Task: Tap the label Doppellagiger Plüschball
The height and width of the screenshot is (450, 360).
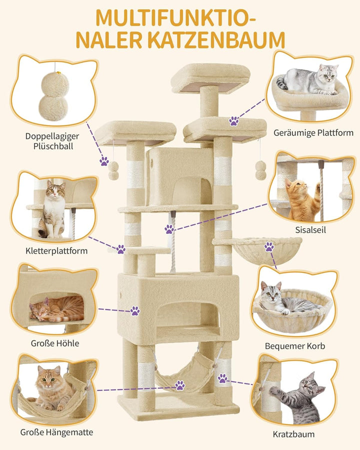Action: pyautogui.click(x=52, y=141)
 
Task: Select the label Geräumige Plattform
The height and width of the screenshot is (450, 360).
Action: pyautogui.click(x=313, y=133)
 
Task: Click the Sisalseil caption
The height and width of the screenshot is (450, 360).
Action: pyautogui.click(x=310, y=230)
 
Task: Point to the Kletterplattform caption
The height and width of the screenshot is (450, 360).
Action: pyautogui.click(x=56, y=251)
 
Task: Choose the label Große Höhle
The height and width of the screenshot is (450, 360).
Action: pyautogui.click(x=55, y=343)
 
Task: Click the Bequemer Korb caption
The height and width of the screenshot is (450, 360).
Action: pyautogui.click(x=295, y=346)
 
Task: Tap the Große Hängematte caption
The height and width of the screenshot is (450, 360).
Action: pyautogui.click(x=56, y=432)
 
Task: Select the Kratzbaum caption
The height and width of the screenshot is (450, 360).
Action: pyautogui.click(x=293, y=434)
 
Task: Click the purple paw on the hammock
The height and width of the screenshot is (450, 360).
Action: pyautogui.click(x=180, y=385)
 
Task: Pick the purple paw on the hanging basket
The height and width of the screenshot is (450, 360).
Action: pyautogui.click(x=269, y=246)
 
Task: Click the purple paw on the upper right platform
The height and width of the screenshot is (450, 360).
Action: pyautogui.click(x=234, y=121)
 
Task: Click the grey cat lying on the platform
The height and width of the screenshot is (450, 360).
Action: pyautogui.click(x=308, y=80)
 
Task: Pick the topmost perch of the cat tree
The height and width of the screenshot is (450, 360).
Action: pyautogui.click(x=210, y=78)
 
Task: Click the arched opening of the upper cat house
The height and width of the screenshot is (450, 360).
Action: pyautogui.click(x=192, y=191)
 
